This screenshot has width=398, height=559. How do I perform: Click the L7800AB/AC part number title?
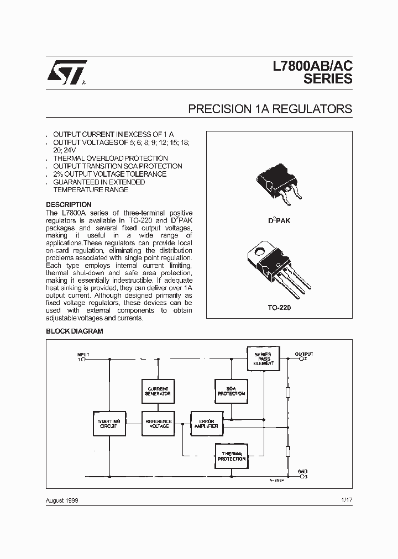point(312,66)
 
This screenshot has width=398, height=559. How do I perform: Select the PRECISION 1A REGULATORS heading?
point(270,109)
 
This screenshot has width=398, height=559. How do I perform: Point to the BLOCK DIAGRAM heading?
point(74,331)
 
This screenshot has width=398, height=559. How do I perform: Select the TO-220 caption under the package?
point(279,308)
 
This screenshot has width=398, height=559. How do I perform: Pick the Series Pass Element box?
point(263,358)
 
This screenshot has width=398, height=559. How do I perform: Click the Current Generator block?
point(158,391)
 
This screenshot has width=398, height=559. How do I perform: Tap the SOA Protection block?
point(231,391)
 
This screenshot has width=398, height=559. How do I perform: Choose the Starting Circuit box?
point(108,424)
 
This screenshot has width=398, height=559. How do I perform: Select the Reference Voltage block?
point(158,424)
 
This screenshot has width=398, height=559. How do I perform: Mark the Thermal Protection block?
point(231,456)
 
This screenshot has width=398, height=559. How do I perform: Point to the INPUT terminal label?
point(82,355)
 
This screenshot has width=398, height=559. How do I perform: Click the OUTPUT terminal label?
point(304,354)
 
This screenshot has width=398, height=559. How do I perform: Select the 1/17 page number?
point(347,500)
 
